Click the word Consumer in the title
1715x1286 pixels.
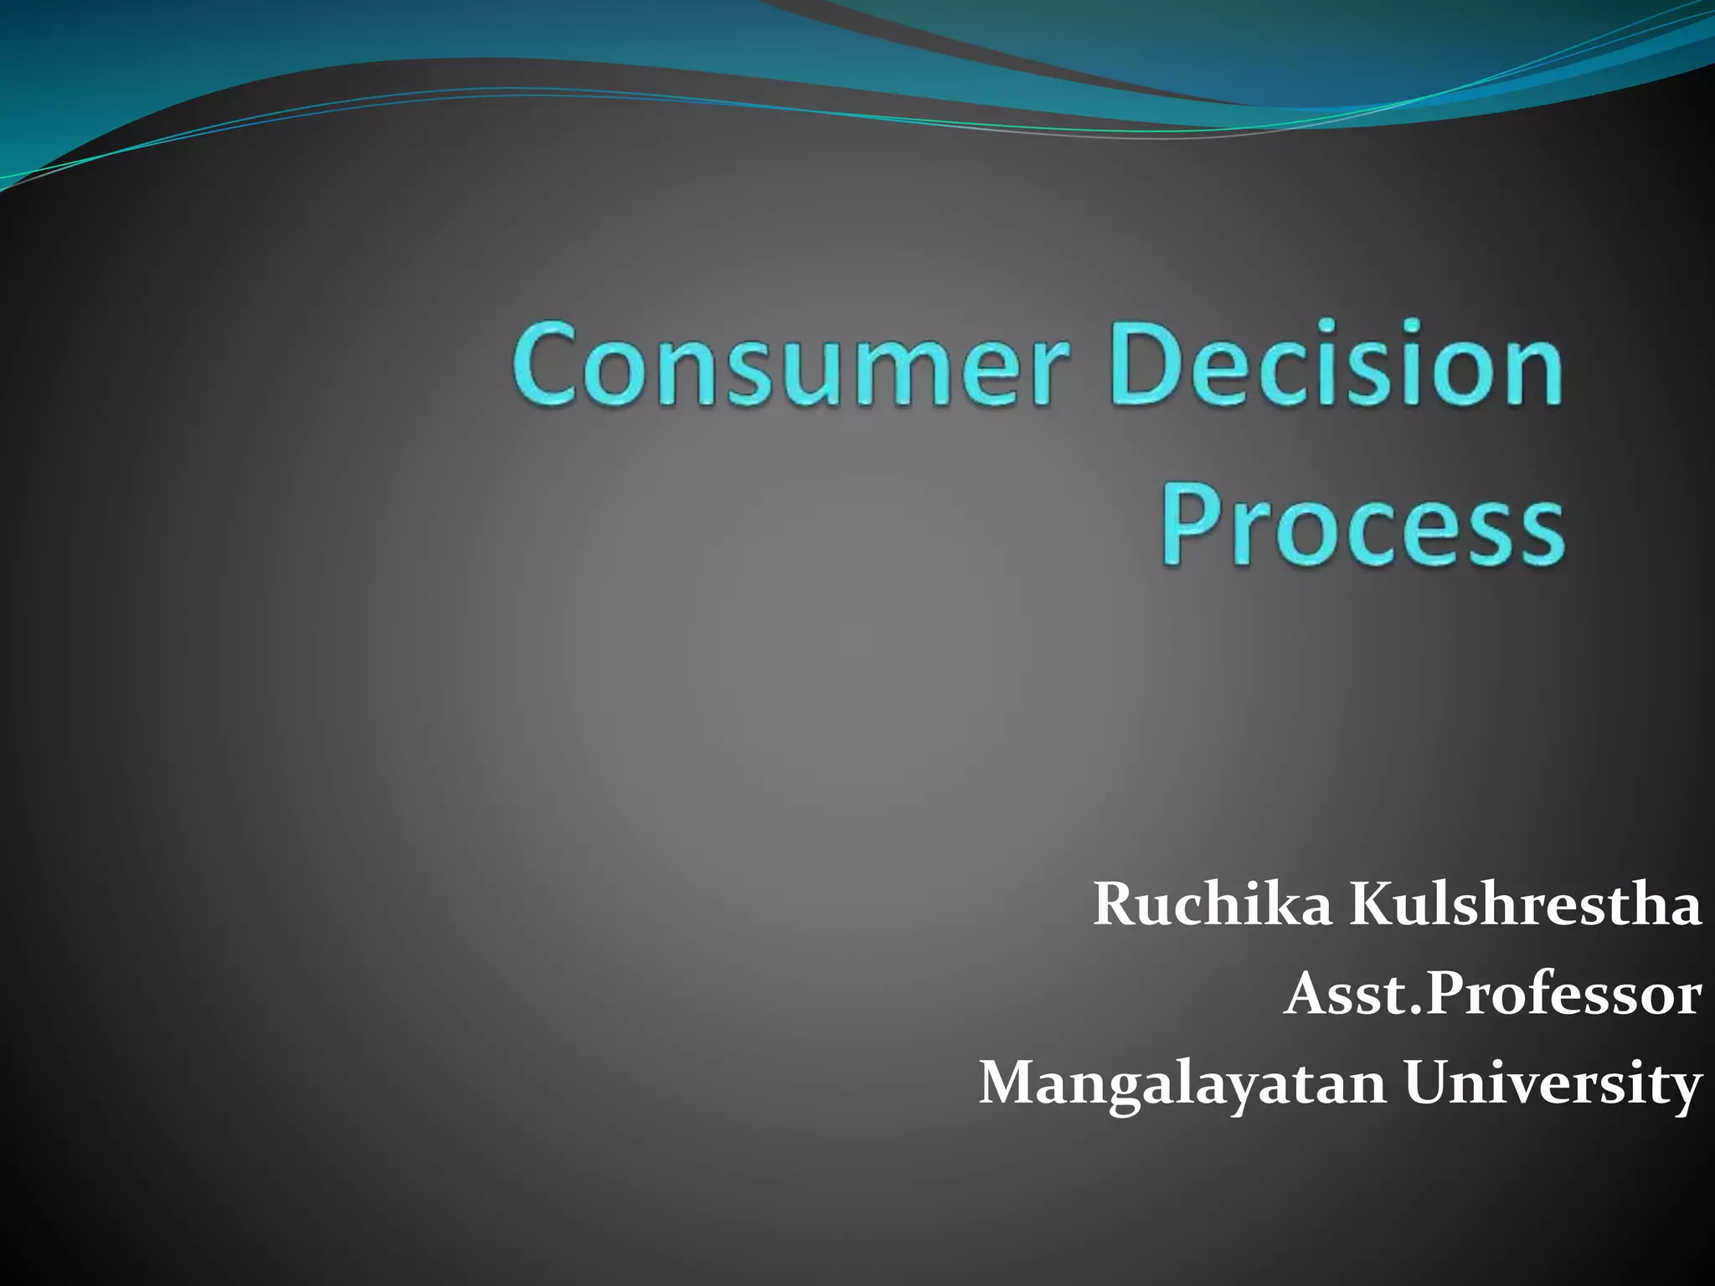pos(791,365)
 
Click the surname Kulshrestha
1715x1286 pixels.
pos(1525,905)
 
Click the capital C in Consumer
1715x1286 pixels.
pos(548,365)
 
